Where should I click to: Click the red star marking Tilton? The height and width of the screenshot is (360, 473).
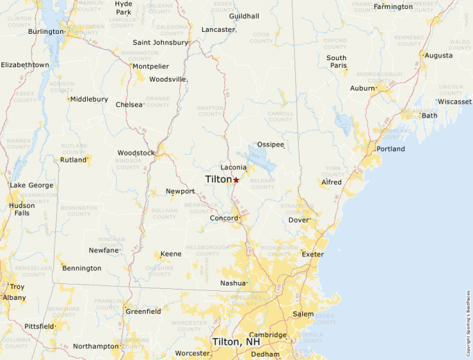click(x=236, y=180)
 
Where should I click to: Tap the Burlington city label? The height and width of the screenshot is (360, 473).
click(x=45, y=32)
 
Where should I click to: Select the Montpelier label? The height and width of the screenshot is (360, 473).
click(x=151, y=66)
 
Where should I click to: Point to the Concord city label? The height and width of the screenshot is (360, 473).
click(x=223, y=218)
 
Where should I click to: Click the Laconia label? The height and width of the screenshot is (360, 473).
click(x=233, y=167)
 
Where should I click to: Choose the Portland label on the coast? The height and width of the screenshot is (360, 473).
click(x=391, y=149)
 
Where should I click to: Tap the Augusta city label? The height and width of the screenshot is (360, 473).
click(x=438, y=55)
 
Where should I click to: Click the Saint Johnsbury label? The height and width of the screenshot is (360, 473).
click(x=160, y=42)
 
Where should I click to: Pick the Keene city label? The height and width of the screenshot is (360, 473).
click(x=171, y=254)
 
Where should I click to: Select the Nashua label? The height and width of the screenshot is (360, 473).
click(x=232, y=283)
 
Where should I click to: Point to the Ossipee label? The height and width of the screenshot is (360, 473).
click(x=270, y=144)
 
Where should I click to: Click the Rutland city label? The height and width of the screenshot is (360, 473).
click(x=73, y=160)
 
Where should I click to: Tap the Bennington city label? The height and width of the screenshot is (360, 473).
click(x=82, y=268)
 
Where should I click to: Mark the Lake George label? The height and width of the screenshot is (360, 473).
click(x=31, y=185)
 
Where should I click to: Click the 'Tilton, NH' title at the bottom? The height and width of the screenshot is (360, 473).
click(x=236, y=342)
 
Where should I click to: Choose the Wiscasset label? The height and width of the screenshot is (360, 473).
click(x=454, y=102)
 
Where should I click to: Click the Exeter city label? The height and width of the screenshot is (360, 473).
click(x=313, y=254)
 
